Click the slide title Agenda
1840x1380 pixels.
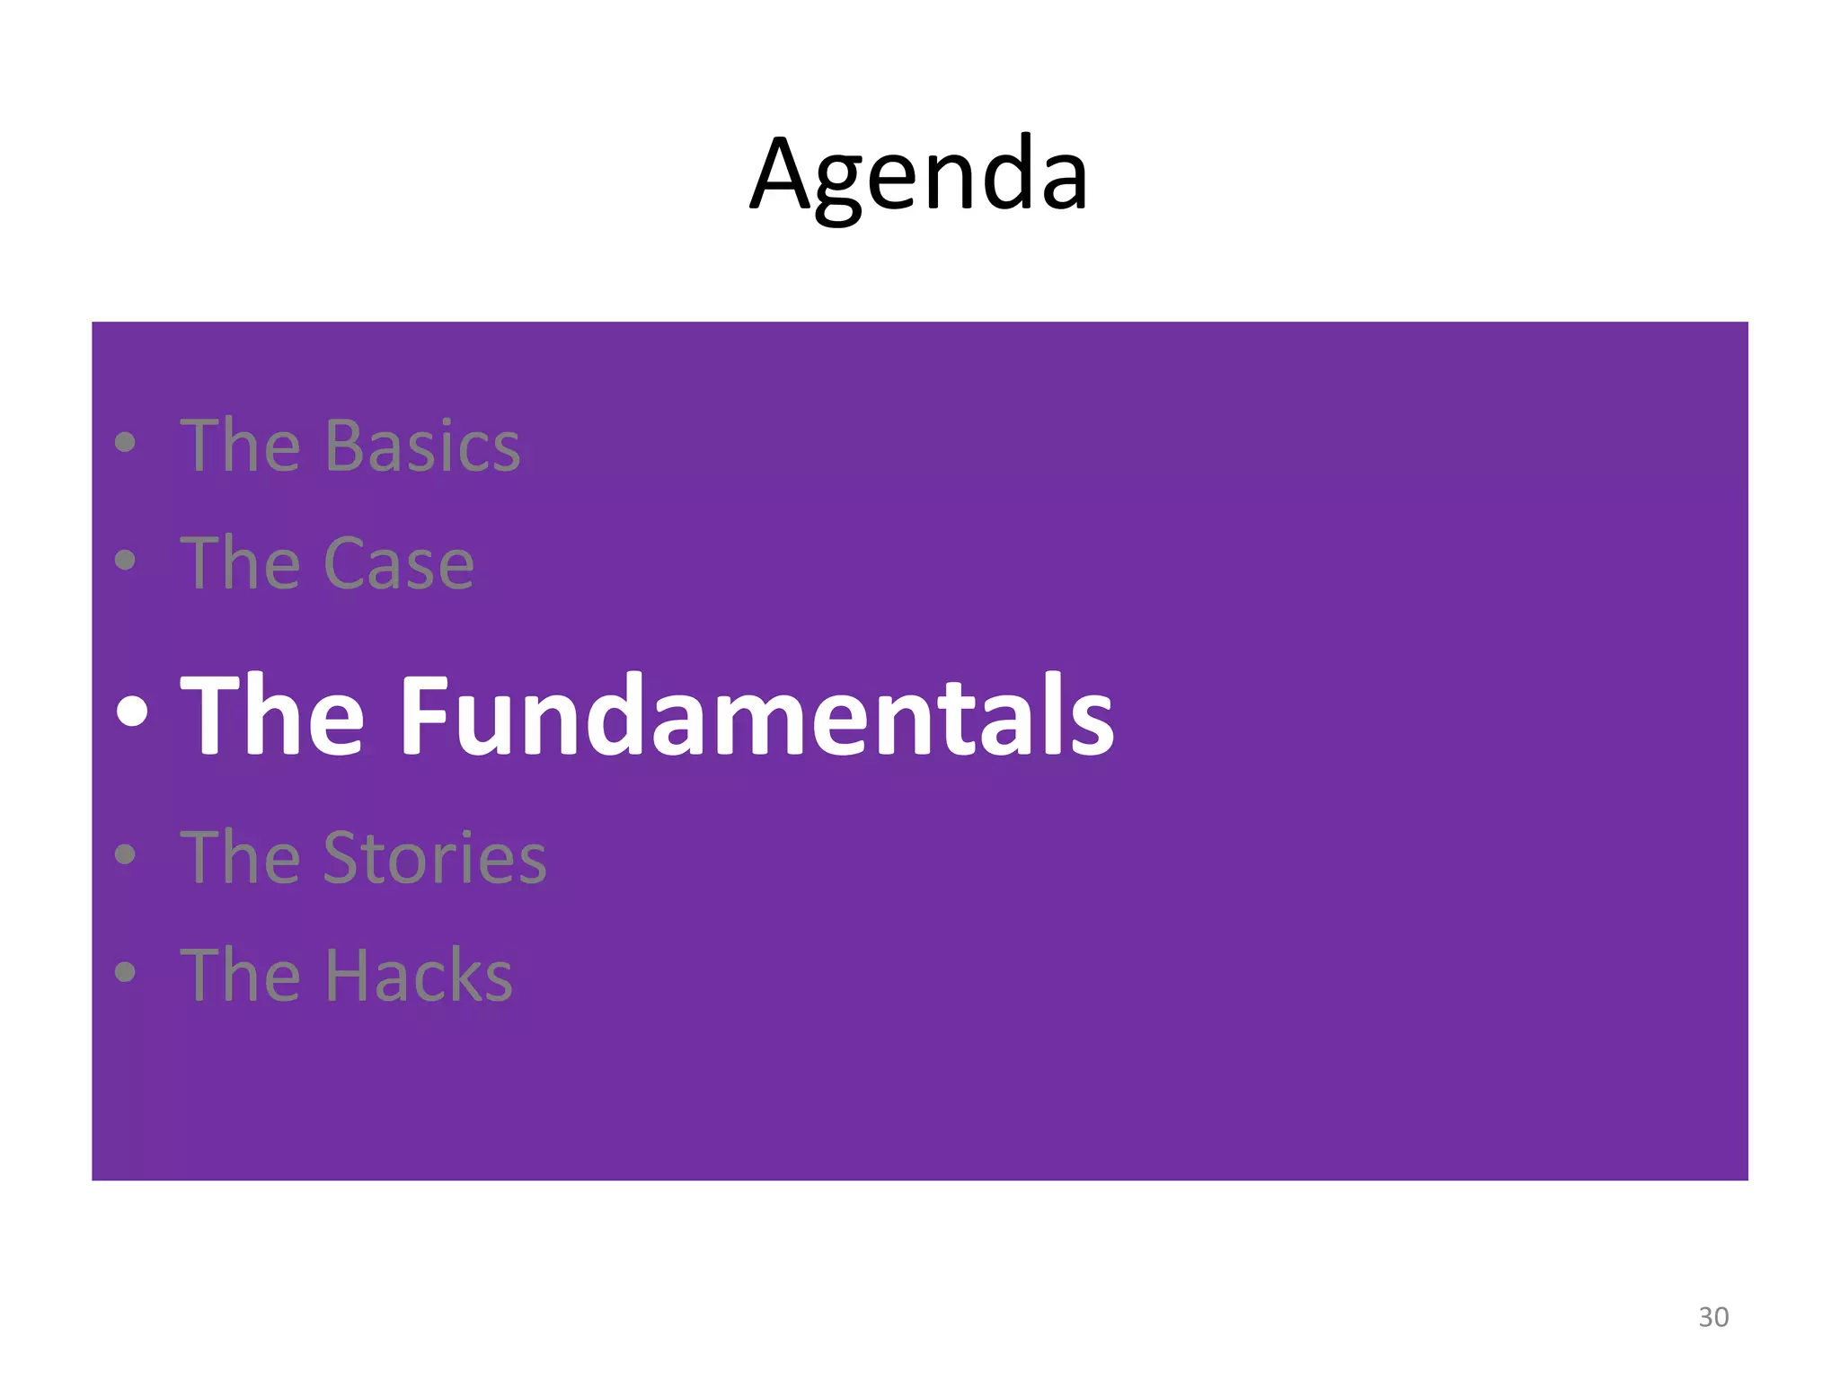pos(918,175)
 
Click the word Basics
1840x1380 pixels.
pos(422,447)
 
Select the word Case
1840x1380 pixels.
pos(398,564)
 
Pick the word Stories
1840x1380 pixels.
pos(435,858)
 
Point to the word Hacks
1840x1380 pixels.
pos(418,976)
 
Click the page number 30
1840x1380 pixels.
pos(1713,1317)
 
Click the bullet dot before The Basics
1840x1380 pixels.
pos(126,443)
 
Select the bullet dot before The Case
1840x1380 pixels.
pos(126,561)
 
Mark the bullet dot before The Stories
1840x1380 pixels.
pos(126,854)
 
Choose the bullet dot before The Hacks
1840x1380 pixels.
pos(126,972)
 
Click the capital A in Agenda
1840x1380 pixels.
pos(782,175)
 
